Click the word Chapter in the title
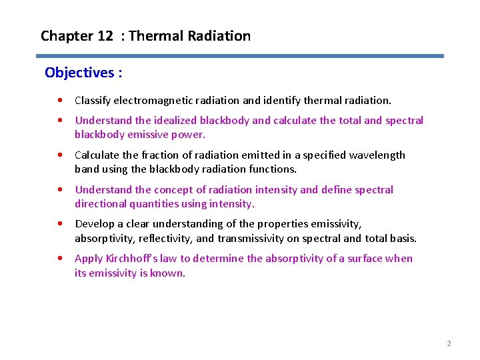[67, 36]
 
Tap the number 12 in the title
[105, 36]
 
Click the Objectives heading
[83, 72]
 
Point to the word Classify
[92, 101]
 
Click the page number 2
[449, 343]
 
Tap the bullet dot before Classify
[61, 101]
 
